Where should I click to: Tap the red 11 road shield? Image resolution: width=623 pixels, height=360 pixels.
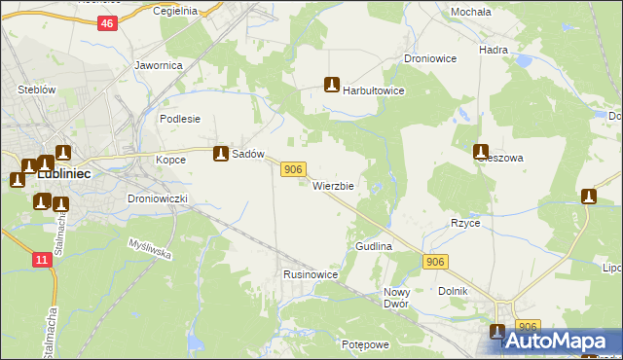tap(41, 260)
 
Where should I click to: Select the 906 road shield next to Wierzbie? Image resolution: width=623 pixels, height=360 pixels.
tap(294, 170)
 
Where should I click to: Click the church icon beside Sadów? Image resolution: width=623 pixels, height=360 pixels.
tap(221, 154)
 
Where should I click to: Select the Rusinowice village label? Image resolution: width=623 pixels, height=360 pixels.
tap(311, 275)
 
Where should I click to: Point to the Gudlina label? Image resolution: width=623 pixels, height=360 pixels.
tap(374, 247)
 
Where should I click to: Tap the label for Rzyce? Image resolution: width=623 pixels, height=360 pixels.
tap(465, 223)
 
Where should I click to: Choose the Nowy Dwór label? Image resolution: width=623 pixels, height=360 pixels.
tap(396, 298)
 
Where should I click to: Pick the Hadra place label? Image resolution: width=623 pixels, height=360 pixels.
tap(494, 49)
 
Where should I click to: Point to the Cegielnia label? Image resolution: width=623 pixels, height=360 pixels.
tap(176, 11)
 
